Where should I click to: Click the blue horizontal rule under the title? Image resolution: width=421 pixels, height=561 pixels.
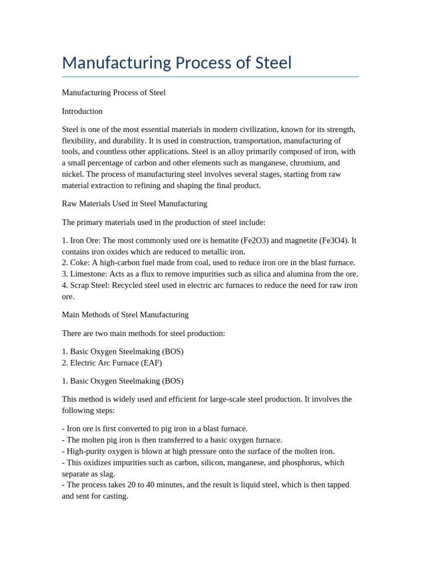point(210,77)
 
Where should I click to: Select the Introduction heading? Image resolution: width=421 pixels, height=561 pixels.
point(82,111)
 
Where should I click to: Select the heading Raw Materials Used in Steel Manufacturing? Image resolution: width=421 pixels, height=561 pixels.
point(134,204)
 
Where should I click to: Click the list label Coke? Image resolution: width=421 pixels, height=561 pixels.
point(81,263)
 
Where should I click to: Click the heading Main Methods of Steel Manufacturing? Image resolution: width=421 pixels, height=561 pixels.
point(125,315)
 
